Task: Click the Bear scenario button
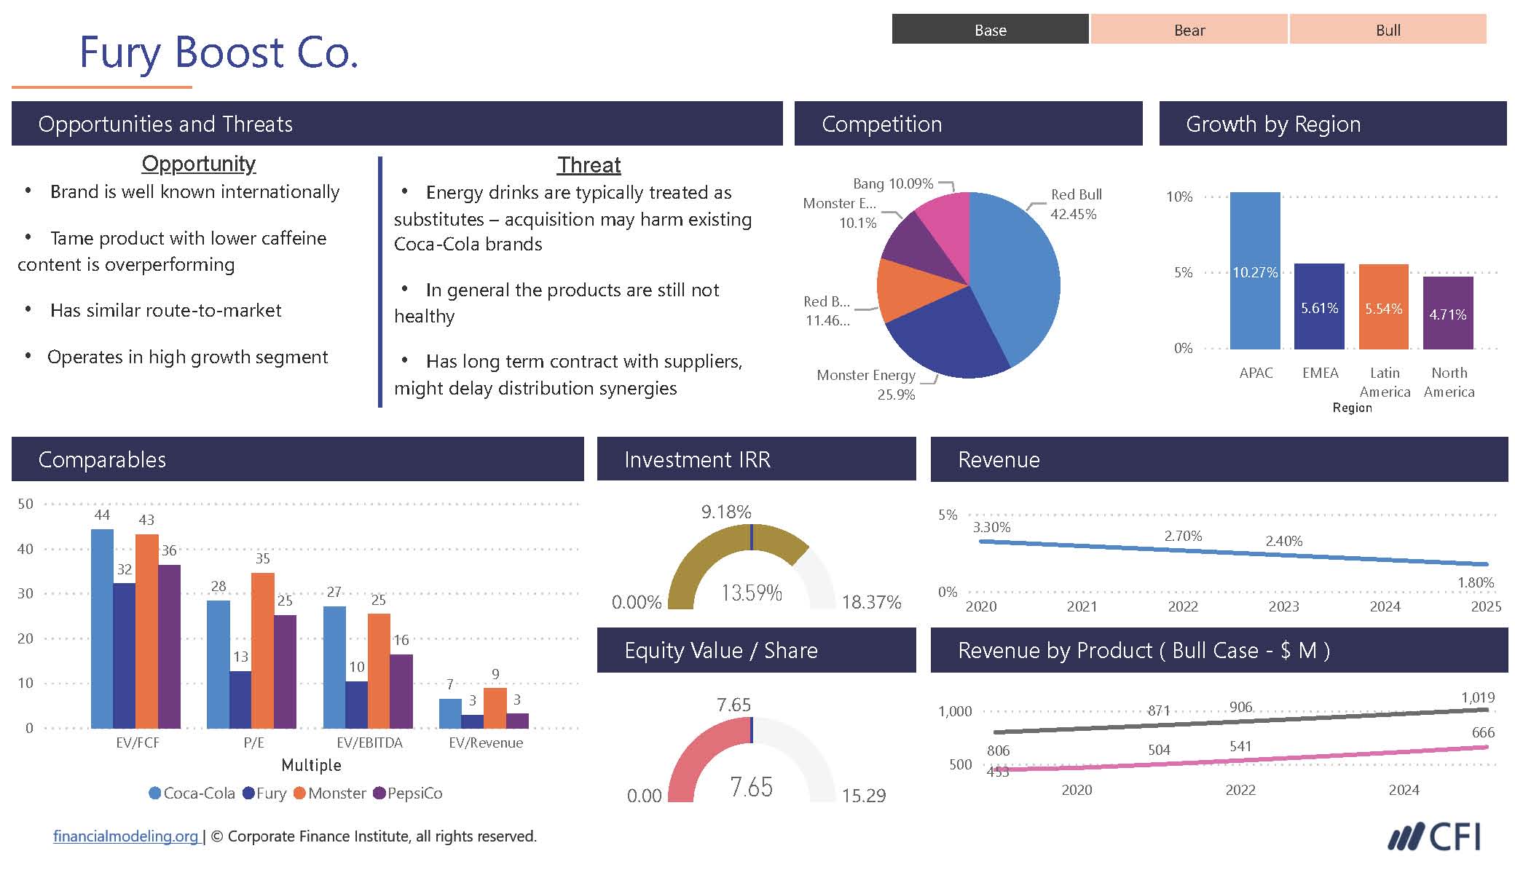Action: pos(1189,30)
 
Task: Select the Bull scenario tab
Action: pos(1388,30)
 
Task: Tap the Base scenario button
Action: pos(991,30)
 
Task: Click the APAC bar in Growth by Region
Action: pos(1255,271)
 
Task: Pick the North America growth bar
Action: pos(1448,313)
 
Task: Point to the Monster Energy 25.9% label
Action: pos(867,384)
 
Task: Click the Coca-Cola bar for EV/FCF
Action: pos(102,628)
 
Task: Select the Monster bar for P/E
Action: pos(263,650)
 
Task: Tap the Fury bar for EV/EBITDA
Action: pos(357,705)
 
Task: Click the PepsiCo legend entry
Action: pos(408,793)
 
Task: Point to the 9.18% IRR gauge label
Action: pos(726,512)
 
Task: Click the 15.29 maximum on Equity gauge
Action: pos(864,796)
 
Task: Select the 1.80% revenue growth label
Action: pos(1476,582)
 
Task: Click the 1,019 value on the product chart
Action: pos(1478,697)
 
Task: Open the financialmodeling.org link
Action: pos(125,836)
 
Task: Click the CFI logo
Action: pos(1434,837)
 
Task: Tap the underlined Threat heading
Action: pos(589,165)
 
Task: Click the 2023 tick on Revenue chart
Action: pos(1283,606)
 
